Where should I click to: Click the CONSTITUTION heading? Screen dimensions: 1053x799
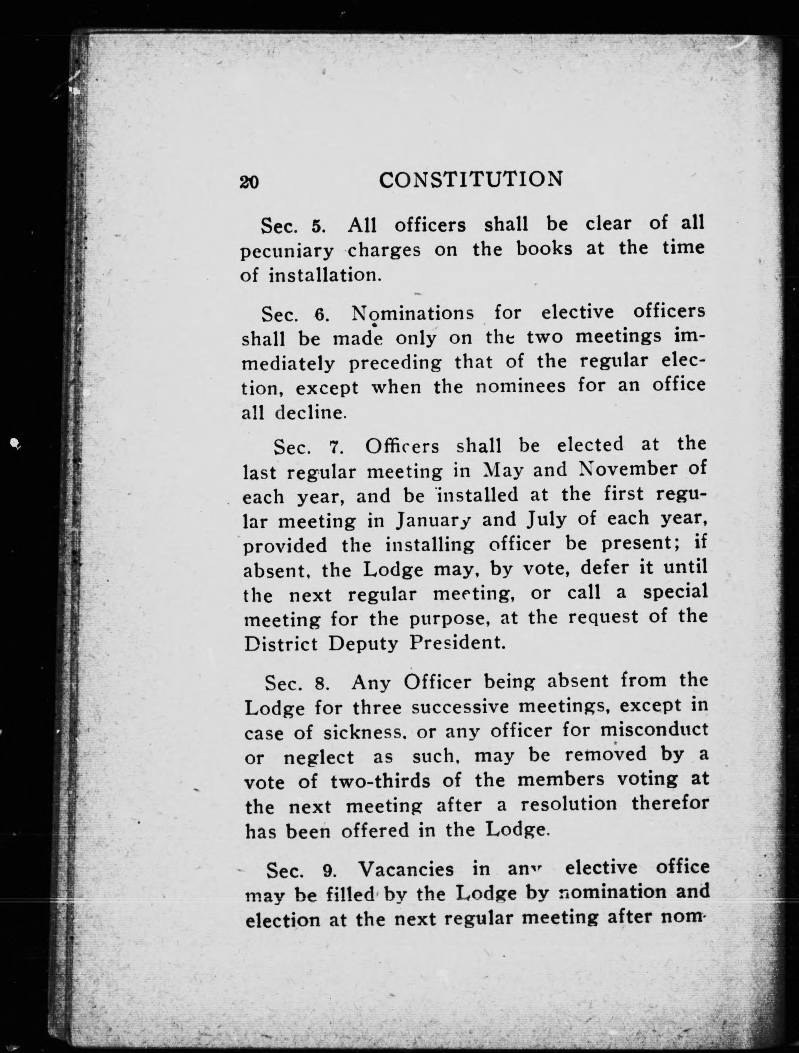click(x=471, y=179)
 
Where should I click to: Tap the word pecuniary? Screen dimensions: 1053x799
click(x=287, y=251)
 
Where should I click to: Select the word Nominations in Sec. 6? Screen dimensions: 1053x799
click(x=412, y=313)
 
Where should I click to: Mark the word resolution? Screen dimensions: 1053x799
click(x=568, y=804)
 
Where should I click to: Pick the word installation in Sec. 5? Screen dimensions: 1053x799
click(x=325, y=276)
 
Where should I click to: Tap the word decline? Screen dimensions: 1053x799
click(x=310, y=412)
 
